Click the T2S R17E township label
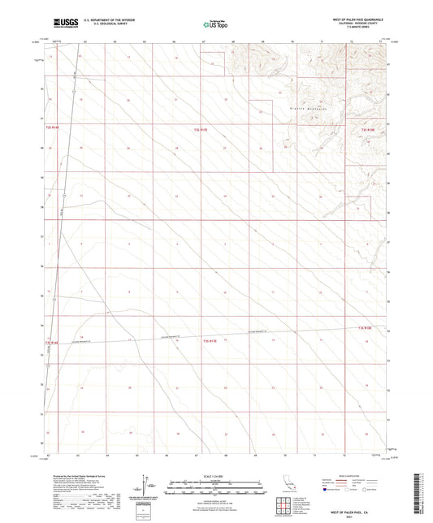pos(201,128)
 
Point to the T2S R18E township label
pos(367,128)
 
